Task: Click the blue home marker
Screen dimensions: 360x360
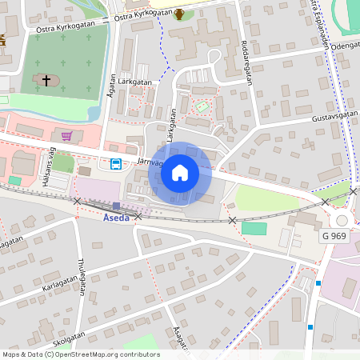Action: [180, 172]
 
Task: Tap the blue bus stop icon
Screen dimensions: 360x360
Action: [116, 164]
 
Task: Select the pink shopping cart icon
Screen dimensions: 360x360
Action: [67, 136]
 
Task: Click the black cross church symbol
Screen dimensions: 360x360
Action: [46, 80]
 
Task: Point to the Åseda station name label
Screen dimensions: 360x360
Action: [116, 217]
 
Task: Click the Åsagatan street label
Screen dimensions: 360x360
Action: [179, 340]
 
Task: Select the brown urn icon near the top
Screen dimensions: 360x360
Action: [179, 14]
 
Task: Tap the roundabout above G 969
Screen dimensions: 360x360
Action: [342, 219]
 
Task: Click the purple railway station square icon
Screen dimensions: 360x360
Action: [116, 206]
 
